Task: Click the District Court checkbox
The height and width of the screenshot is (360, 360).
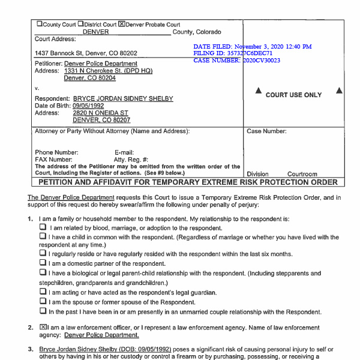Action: (80, 25)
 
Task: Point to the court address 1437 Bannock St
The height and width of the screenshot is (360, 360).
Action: (86, 53)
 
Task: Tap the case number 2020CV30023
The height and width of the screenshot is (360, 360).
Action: (262, 61)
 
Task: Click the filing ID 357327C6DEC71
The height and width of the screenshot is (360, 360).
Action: (244, 53)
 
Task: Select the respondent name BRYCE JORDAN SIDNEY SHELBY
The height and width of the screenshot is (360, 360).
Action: (123, 98)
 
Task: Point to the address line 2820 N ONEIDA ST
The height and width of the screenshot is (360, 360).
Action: (100, 113)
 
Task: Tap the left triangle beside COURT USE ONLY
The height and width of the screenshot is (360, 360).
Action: (259, 91)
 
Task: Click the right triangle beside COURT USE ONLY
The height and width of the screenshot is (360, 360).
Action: (339, 91)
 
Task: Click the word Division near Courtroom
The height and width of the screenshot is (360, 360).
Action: (258, 174)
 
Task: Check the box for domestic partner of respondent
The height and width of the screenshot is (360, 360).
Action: (43, 262)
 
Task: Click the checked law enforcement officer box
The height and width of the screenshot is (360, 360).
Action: (42, 327)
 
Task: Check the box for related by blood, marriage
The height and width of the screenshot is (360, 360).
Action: (43, 228)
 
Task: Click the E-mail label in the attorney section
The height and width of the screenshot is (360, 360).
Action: (124, 152)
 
